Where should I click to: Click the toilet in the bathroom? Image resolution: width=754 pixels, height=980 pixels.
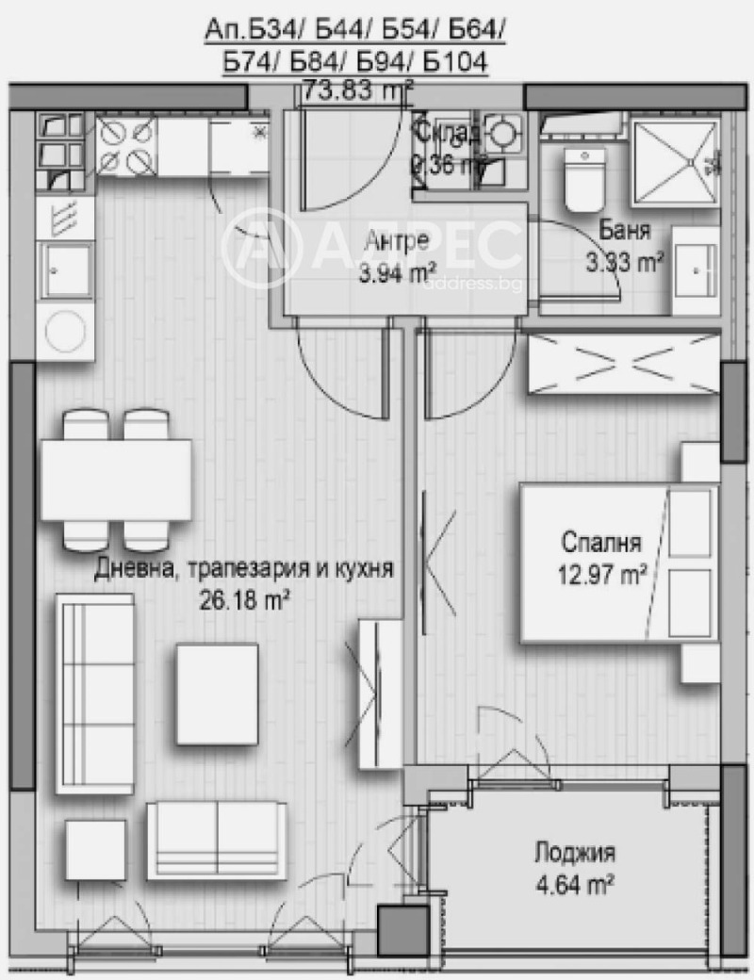pos(583,179)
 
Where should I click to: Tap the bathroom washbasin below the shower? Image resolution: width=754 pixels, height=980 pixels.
pos(697,268)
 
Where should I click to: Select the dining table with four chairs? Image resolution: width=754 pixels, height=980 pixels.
pos(115,479)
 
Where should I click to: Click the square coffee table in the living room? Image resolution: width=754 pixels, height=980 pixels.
pos(216,694)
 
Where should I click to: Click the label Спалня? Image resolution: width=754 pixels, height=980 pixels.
pos(600,543)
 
